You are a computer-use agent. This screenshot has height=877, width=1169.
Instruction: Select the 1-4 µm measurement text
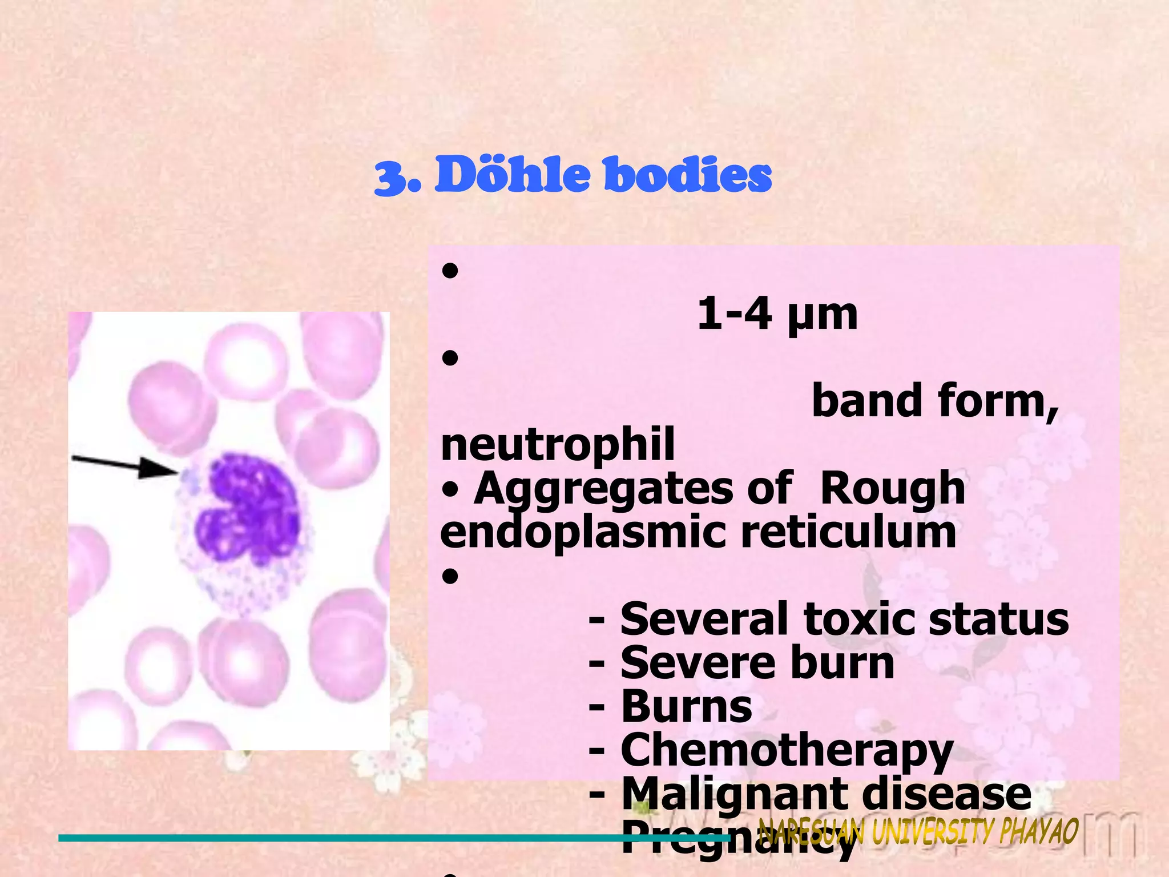point(777,314)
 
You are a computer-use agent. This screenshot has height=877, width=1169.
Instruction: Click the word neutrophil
point(558,445)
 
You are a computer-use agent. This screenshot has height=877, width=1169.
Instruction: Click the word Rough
point(892,489)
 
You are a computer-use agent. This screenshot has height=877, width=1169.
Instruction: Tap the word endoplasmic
point(582,533)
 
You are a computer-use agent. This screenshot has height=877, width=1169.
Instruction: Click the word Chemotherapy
point(787,751)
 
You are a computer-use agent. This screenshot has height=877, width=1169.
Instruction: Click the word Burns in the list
point(687,707)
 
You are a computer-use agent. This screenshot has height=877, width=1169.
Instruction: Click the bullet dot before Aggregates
point(450,490)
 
